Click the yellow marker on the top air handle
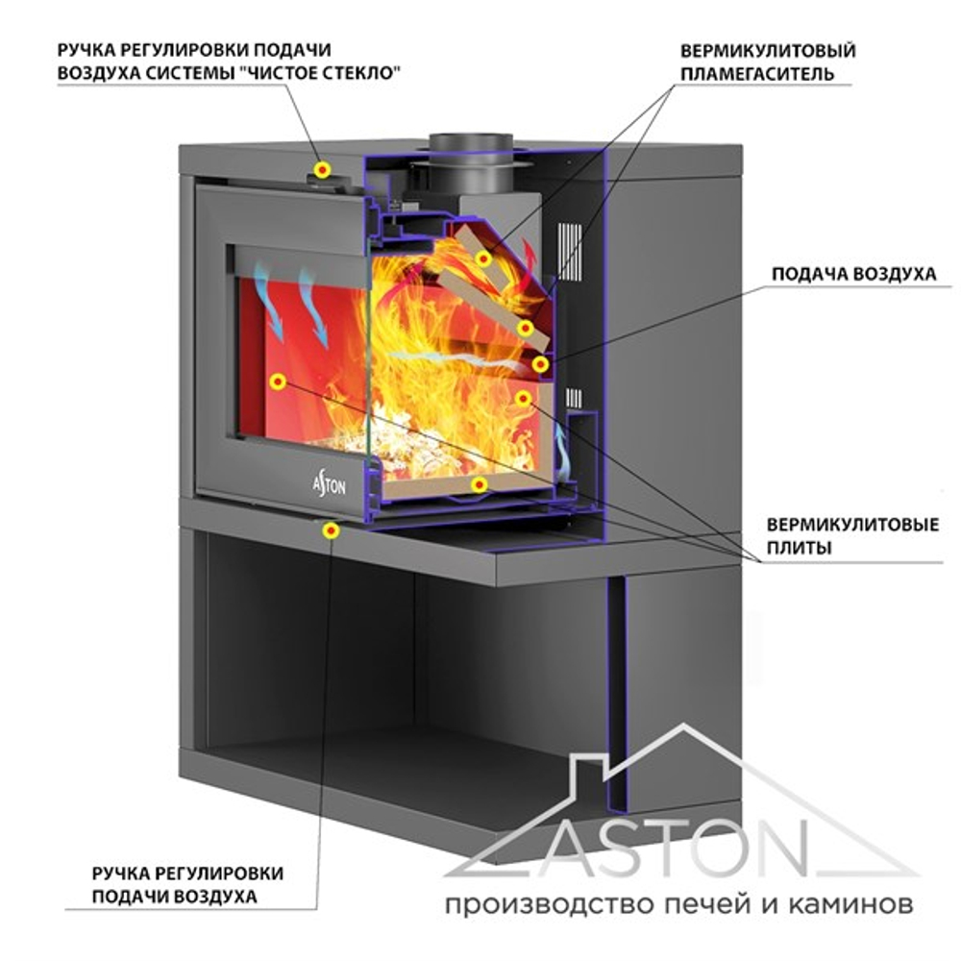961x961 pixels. (x=324, y=169)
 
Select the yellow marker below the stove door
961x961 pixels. (x=332, y=530)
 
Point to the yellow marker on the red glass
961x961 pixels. (x=278, y=382)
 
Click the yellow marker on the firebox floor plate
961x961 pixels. (x=480, y=484)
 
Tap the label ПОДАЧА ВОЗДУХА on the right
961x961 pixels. (x=853, y=274)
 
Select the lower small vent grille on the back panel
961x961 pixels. (x=575, y=397)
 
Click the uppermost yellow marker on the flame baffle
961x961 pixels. (x=483, y=258)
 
